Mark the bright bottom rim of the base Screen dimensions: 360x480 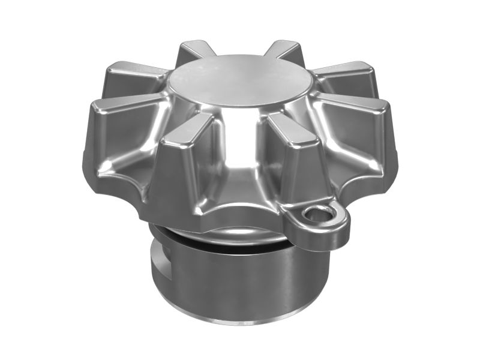[x=240, y=321]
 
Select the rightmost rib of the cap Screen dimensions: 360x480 [x=360, y=129]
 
